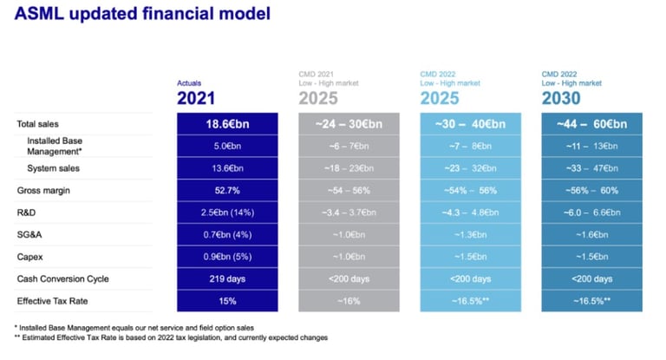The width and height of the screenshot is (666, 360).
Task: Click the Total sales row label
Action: [x=44, y=124]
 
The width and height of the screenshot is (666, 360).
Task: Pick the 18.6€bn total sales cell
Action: [x=228, y=124]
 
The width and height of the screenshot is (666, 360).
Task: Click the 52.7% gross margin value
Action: [x=228, y=190]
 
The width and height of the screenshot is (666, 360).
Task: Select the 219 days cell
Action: [x=228, y=278]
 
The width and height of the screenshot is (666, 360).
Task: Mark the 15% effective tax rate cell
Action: [x=228, y=301]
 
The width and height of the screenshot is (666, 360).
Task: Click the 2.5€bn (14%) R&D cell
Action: [x=228, y=213]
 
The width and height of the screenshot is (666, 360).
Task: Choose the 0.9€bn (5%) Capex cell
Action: [x=228, y=257]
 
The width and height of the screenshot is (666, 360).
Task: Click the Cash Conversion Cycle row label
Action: [x=65, y=278]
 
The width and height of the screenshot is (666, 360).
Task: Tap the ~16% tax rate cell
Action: [x=349, y=301]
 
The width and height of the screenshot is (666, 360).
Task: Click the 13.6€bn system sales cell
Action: [x=228, y=168]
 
